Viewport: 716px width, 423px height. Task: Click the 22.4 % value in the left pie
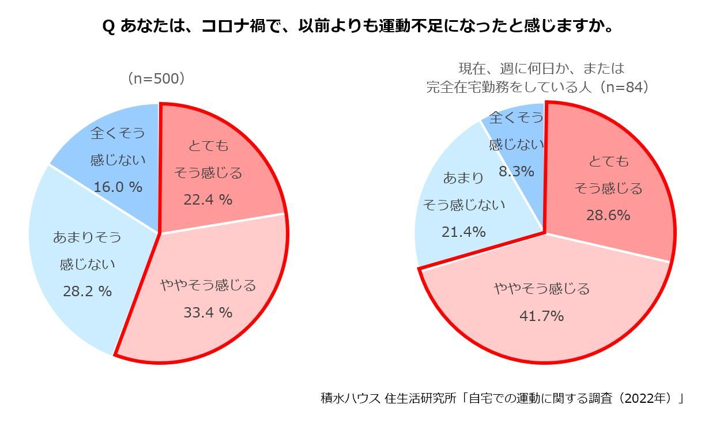(208, 200)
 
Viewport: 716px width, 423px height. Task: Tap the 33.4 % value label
(208, 312)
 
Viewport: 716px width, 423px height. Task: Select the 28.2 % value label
(87, 292)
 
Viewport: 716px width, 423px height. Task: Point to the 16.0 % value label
(118, 187)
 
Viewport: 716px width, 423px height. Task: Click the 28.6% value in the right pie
(608, 216)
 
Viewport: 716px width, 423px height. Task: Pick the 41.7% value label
(542, 316)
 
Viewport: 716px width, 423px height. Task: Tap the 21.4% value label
(463, 232)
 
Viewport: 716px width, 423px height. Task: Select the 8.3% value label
(517, 171)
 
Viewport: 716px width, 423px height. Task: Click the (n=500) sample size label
(156, 79)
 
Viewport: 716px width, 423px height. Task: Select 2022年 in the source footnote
(650, 399)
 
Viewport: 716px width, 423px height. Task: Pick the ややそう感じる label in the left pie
(208, 285)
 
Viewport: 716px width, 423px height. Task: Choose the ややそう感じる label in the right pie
(542, 289)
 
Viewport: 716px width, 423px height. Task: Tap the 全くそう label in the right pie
(516, 118)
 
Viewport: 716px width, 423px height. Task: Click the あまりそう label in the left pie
(87, 237)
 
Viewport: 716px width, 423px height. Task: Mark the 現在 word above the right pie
(472, 69)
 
